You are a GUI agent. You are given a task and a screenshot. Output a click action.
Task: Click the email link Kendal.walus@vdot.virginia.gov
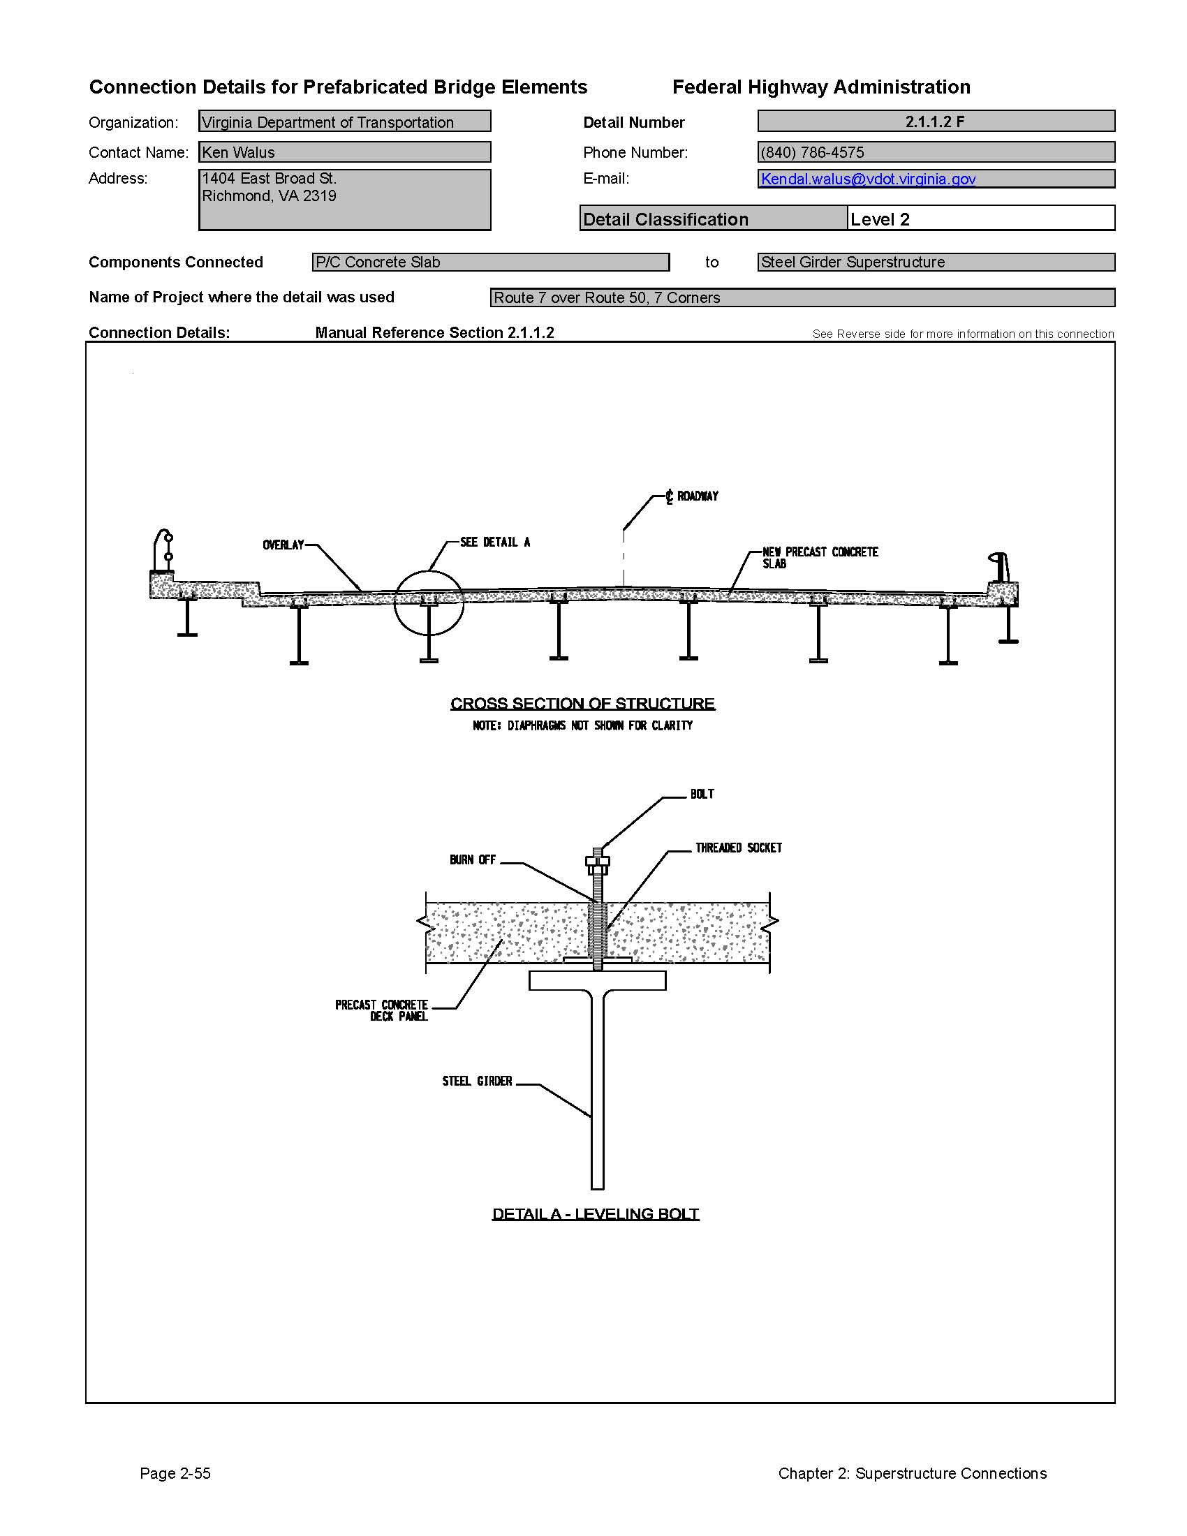pos(868,179)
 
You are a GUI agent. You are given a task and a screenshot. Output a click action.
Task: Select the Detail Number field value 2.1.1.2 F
pos(936,121)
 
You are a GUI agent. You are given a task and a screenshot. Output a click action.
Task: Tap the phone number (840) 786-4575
pos(812,152)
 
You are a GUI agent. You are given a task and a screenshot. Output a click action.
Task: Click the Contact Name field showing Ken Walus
pos(344,152)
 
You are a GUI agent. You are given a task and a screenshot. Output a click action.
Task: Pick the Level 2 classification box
pos(981,218)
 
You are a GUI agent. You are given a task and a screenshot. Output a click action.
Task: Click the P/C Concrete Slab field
pos(491,262)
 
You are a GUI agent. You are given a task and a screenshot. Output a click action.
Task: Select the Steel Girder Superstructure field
pos(936,262)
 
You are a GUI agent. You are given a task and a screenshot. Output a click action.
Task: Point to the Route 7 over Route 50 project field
pos(802,297)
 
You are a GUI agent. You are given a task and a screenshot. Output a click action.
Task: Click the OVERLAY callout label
pos(283,545)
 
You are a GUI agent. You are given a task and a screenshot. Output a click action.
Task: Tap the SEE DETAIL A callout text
pos(495,542)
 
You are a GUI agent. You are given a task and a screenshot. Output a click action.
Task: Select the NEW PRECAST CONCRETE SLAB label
pos(820,558)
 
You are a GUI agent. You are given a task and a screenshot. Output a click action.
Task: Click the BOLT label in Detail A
pos(702,794)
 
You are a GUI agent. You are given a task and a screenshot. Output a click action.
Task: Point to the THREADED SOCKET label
pos(738,848)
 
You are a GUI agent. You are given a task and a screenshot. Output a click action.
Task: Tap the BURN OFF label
pos(473,860)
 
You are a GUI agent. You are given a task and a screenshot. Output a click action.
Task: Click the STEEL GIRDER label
pos(477,1081)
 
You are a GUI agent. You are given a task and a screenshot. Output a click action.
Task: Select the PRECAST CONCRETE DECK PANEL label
pos(381,1011)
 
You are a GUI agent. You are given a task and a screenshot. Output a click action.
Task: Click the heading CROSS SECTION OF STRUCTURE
pos(582,703)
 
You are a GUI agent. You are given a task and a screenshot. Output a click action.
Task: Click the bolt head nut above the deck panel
pos(598,862)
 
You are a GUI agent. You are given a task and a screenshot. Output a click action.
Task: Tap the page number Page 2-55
pos(175,1473)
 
